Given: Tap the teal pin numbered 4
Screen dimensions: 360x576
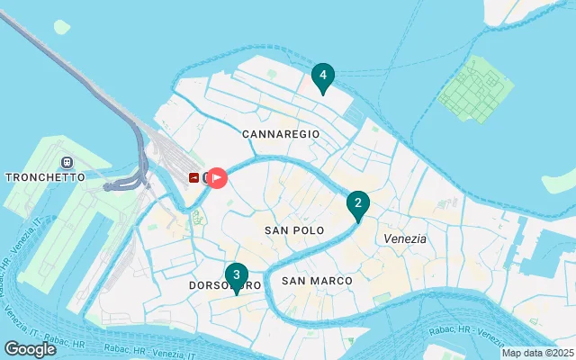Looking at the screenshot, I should [322, 76].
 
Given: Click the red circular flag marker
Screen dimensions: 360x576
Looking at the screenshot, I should [216, 178].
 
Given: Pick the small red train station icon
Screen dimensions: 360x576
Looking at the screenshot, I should [194, 178].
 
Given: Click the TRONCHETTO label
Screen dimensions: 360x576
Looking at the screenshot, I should [45, 177].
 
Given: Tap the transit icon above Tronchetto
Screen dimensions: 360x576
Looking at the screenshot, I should [65, 162].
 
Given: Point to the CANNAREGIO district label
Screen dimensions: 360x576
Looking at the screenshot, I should [281, 133].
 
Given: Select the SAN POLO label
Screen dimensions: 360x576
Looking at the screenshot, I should [293, 231].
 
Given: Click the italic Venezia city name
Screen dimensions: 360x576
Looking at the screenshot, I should [405, 238].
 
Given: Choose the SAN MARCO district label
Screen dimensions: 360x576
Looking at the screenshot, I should [317, 281].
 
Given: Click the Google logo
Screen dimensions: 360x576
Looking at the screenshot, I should [30, 349].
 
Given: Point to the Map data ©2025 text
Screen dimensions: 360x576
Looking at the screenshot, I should [536, 353].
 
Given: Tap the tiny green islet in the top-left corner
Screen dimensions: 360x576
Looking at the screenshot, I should [61, 27].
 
